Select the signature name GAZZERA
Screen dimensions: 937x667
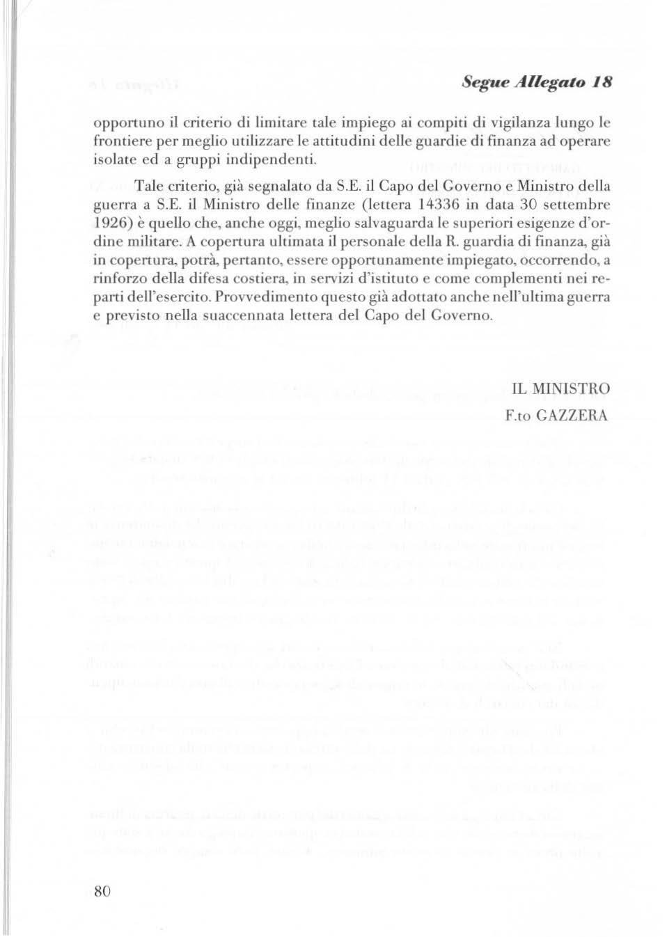tap(574, 416)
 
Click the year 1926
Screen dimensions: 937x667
tap(113, 223)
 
